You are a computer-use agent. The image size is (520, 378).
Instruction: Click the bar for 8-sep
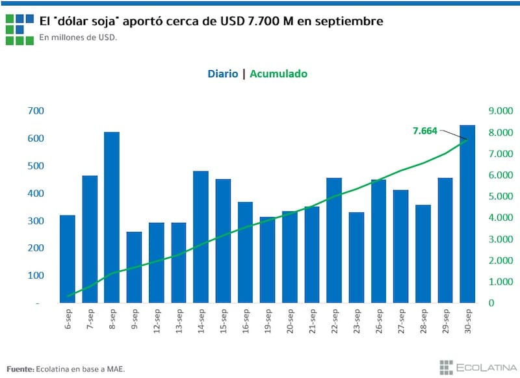112,218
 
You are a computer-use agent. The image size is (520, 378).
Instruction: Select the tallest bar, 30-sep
467,214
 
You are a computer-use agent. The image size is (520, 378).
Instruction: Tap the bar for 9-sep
134,267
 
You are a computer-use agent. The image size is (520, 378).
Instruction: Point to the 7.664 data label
425,131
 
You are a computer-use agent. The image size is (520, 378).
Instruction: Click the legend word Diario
222,74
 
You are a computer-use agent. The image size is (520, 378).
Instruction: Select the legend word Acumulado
279,74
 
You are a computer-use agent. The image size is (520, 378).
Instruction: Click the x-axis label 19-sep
267,320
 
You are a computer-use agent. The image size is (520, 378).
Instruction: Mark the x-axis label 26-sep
378,320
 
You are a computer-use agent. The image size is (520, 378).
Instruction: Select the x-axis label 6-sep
68,318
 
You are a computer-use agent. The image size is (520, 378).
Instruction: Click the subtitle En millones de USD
78,37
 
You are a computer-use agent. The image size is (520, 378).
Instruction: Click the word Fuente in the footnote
20,369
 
